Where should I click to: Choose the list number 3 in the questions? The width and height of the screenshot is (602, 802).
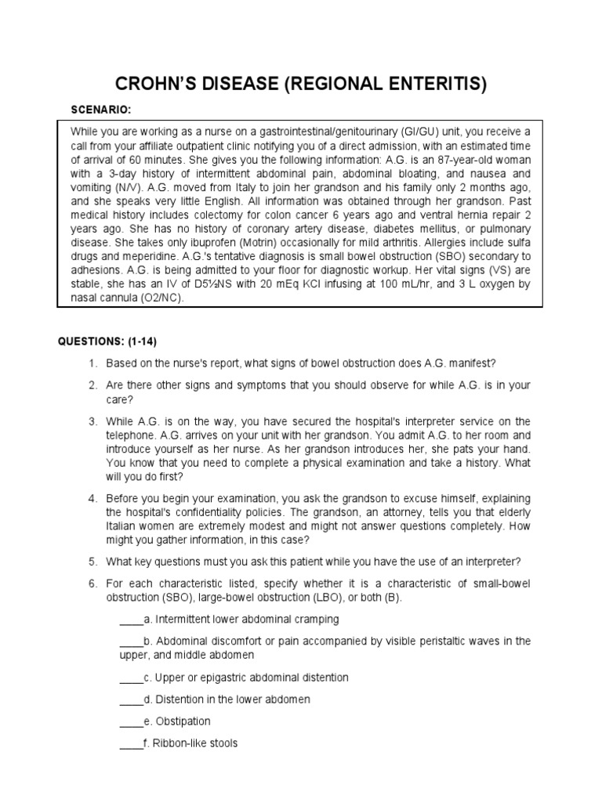click(x=92, y=421)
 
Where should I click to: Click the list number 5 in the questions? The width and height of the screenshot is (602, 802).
click(x=92, y=561)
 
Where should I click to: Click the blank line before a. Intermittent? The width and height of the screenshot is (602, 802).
click(x=131, y=620)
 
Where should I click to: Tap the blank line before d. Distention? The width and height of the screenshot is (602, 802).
click(x=131, y=699)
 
